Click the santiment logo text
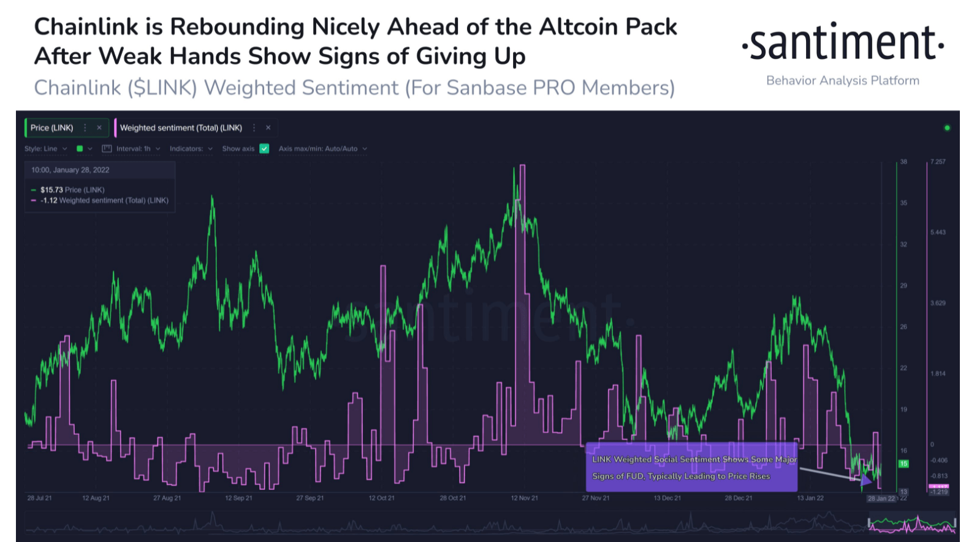tap(843, 43)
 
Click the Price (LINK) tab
tap(52, 128)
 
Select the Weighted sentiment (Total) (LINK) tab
tap(181, 128)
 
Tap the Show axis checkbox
tap(264, 148)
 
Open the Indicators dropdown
tap(191, 148)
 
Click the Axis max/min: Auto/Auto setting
tap(322, 148)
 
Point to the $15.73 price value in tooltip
tap(52, 190)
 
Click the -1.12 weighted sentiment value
tap(49, 200)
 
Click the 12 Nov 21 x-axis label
tap(524, 498)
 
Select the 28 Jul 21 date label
tap(39, 498)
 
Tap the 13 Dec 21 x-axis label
tap(667, 498)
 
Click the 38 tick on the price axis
tap(903, 162)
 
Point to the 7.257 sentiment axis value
tap(938, 162)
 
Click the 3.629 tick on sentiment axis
tap(938, 303)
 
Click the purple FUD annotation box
tap(691, 467)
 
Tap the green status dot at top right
tap(947, 128)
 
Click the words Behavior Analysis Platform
tap(843, 80)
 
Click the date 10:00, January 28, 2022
tap(70, 170)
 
